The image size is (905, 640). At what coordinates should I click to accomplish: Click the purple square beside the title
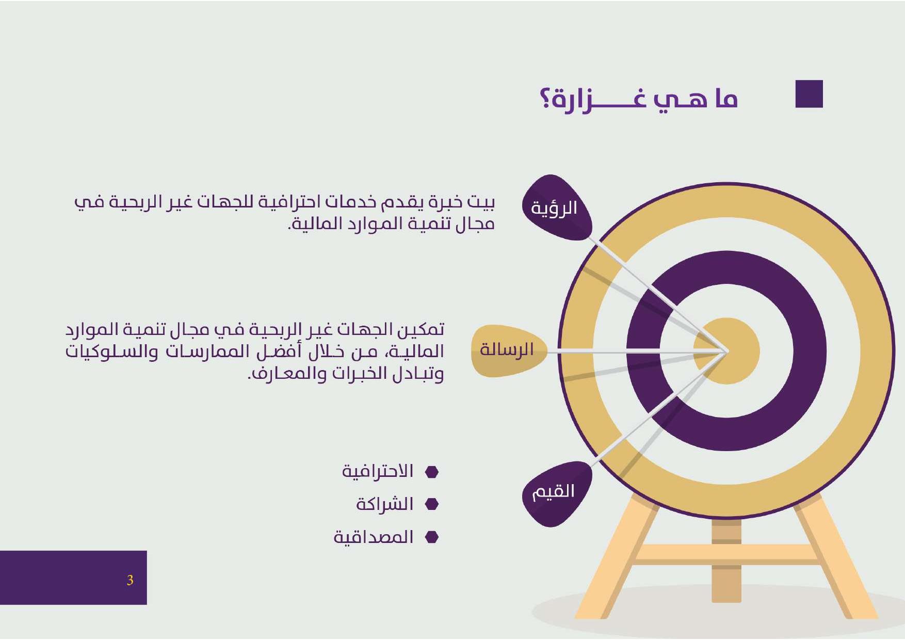click(x=809, y=94)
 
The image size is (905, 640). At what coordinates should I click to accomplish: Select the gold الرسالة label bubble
click(x=508, y=350)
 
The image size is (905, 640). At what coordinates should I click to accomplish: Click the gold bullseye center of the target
click(x=726, y=351)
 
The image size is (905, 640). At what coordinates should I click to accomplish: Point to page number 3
click(x=130, y=580)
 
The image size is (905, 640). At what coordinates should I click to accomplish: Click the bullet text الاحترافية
click(x=378, y=471)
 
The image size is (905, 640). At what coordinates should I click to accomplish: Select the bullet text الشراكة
click(x=385, y=504)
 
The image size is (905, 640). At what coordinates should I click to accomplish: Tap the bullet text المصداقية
click(x=374, y=537)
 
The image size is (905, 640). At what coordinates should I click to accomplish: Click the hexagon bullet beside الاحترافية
click(x=431, y=472)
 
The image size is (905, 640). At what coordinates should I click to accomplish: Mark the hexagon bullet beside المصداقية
click(x=431, y=537)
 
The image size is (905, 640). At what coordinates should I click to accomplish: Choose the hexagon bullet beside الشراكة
click(x=431, y=504)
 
